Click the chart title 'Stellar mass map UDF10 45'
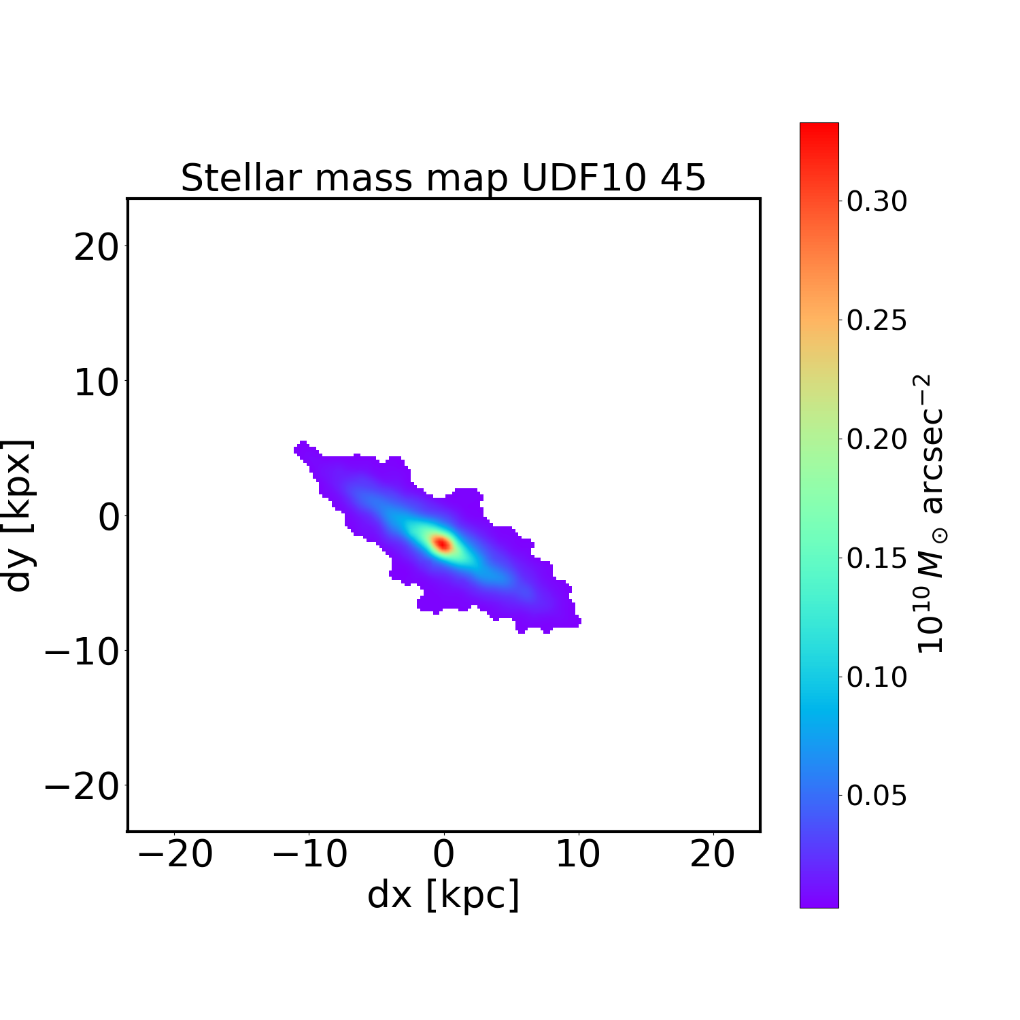[x=443, y=178]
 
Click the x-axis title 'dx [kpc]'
[x=443, y=894]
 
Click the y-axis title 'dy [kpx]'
[x=18, y=515]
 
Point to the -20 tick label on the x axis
[x=175, y=854]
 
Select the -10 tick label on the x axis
[x=310, y=854]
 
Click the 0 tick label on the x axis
[x=443, y=854]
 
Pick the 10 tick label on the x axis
[x=578, y=854]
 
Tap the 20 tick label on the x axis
[x=712, y=854]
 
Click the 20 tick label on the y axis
[x=96, y=248]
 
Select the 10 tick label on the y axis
[x=96, y=384]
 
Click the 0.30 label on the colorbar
[x=877, y=201]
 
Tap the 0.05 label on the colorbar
[x=877, y=795]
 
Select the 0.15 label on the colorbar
[x=877, y=558]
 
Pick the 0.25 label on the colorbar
[x=877, y=320]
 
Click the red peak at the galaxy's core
[x=443, y=543]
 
